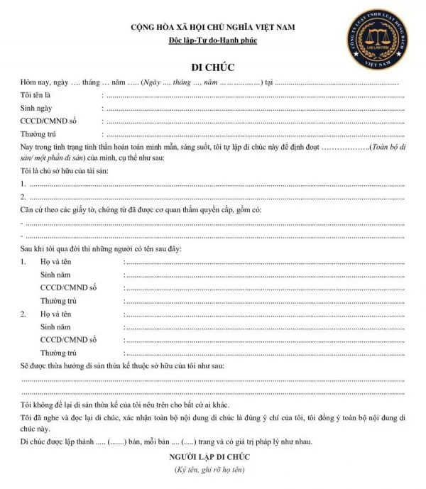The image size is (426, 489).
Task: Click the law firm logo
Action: tap(368, 42)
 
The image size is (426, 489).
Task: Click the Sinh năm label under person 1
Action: tap(57, 275)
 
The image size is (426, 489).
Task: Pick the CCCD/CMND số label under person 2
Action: tap(68, 339)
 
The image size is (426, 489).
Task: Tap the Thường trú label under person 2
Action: tap(58, 352)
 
